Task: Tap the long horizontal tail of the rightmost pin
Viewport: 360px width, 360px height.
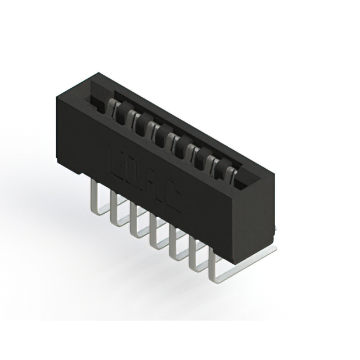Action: click(247, 264)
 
